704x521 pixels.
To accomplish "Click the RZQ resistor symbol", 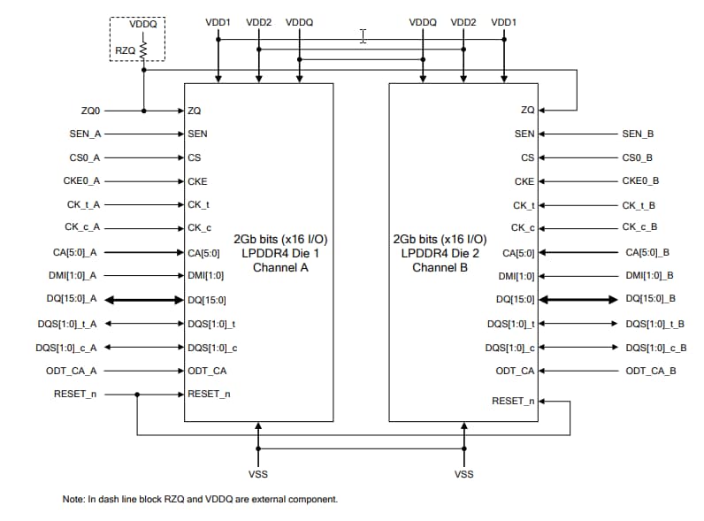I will pos(143,51).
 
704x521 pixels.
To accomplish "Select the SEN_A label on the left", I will pos(85,134).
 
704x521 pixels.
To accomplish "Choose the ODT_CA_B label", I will pos(650,371).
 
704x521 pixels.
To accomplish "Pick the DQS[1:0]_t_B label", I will pos(655,324).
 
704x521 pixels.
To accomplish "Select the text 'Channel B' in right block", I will pos(439,267).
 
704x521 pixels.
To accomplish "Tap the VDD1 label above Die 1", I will pos(218,21).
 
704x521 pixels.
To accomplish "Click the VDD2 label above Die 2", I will pos(463,21).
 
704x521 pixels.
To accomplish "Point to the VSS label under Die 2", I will pos(463,474).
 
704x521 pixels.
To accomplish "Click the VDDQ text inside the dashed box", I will pos(142,25).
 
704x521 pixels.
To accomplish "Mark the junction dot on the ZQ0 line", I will pos(144,111).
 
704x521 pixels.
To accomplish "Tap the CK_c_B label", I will pos(638,228).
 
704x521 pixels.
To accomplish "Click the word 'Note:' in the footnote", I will pos(73,500).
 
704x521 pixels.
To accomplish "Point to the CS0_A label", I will pos(85,158).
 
